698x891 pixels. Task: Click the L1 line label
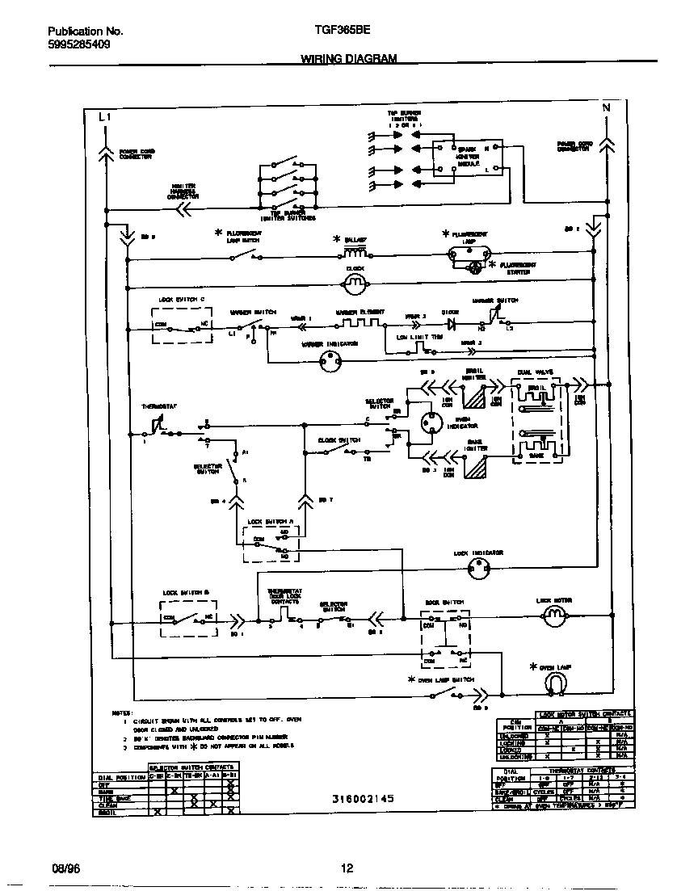click(103, 117)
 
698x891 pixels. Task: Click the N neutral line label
click(605, 107)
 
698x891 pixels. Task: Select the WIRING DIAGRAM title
click(348, 59)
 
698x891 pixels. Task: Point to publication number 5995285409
click(74, 44)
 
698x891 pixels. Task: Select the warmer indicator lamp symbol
click(329, 363)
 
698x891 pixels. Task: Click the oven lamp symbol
click(553, 683)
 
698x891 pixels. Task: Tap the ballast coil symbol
click(350, 253)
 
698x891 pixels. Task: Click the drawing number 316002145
click(363, 798)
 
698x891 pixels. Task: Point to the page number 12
click(347, 868)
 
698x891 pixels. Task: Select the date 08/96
click(62, 868)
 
